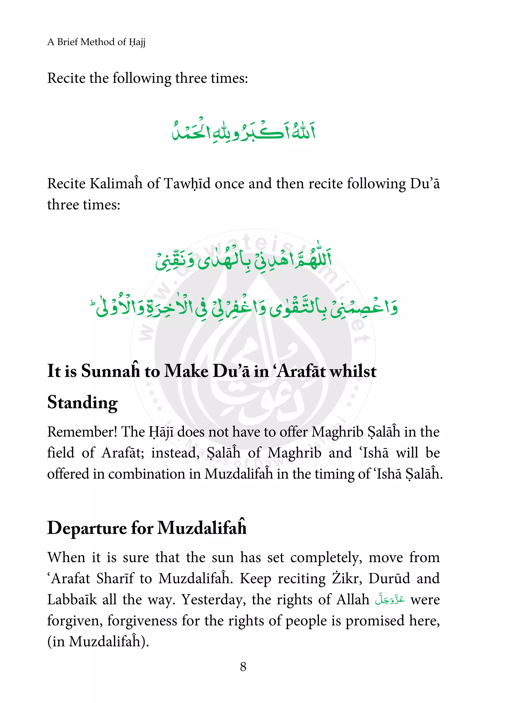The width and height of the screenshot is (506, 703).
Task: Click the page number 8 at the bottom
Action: pos(243,666)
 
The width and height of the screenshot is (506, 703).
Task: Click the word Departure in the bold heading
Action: pos(87,528)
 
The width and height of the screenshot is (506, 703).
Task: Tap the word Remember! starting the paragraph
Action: pos(82,432)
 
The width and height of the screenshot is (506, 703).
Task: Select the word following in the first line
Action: pos(142,78)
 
